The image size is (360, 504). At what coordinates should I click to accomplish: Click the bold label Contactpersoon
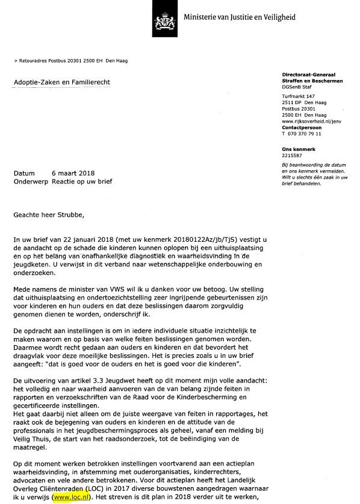pyautogui.click(x=302, y=128)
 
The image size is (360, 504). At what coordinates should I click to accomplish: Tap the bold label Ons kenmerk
pyautogui.click(x=298, y=148)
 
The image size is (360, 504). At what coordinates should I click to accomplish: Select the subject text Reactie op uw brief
pyautogui.click(x=82, y=181)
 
